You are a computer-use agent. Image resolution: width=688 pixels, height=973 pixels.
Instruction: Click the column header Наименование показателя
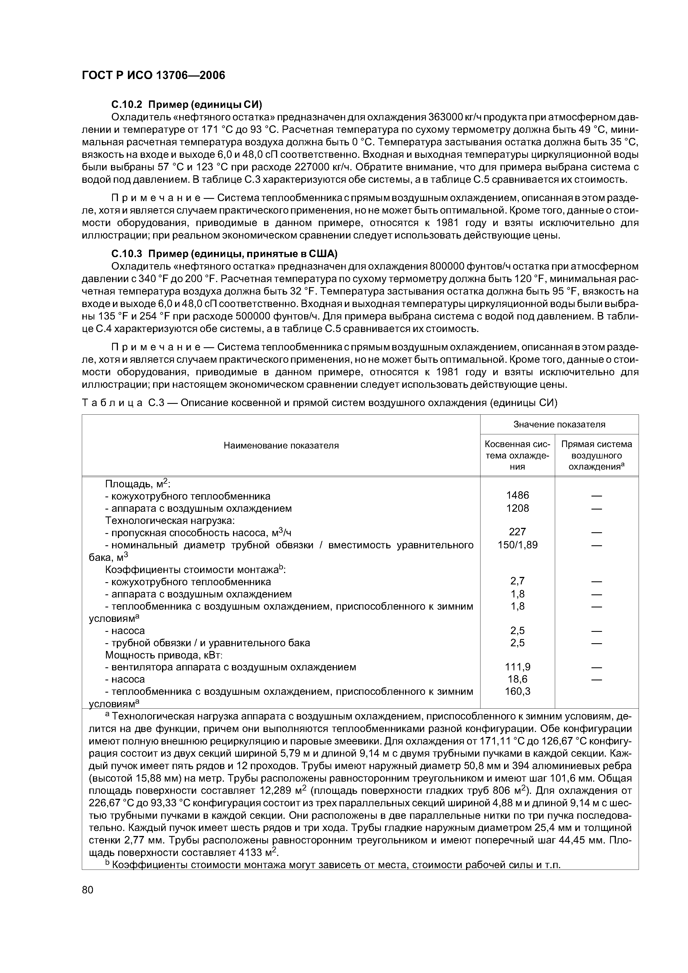[x=281, y=445]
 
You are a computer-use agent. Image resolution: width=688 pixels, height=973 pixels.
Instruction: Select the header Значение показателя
[x=559, y=424]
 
